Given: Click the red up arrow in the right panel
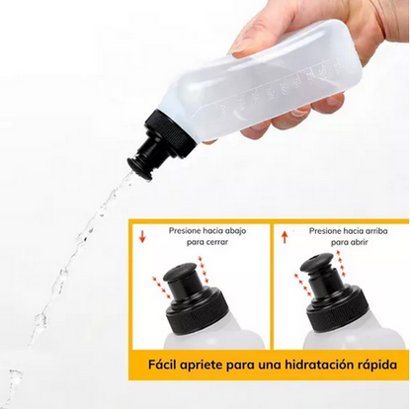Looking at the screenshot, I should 285,237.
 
